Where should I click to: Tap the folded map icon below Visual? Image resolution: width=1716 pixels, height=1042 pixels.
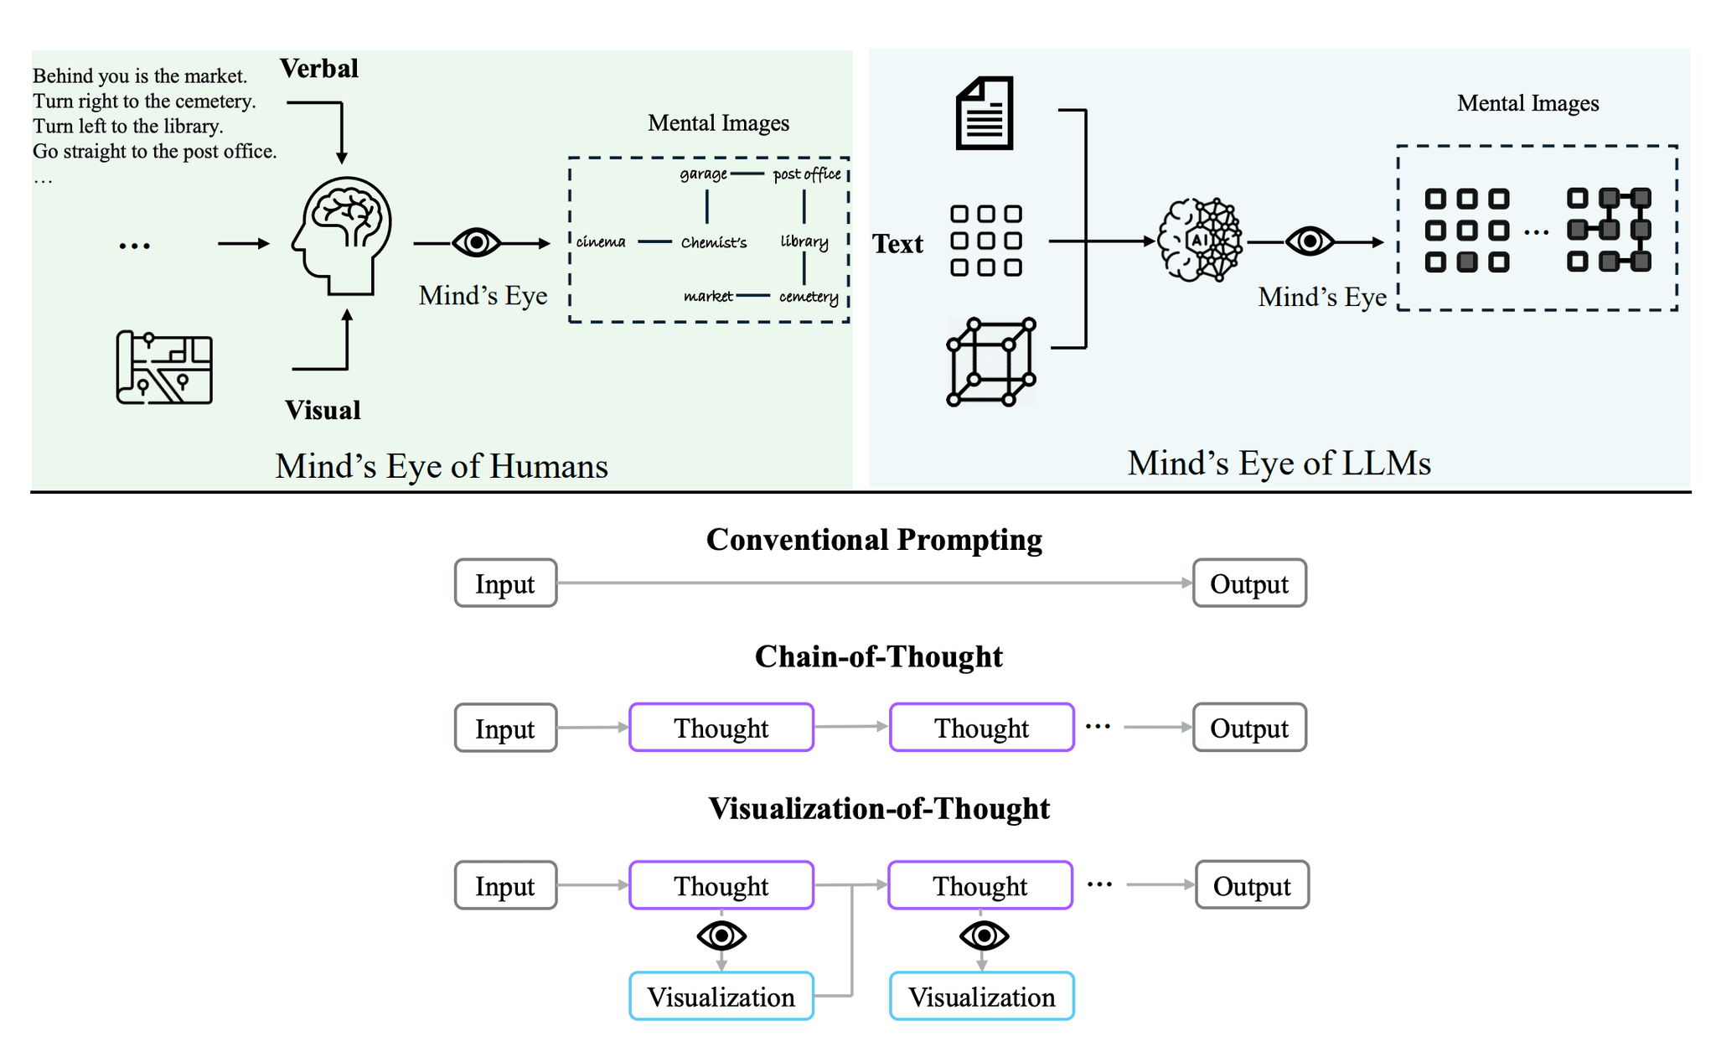coord(164,367)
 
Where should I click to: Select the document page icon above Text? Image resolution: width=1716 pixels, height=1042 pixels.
coord(985,113)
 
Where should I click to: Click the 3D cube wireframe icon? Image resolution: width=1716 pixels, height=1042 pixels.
coord(991,362)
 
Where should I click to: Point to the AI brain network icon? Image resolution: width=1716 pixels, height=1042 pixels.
coord(1199,241)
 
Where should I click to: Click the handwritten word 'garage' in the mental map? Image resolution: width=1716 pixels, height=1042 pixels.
coord(703,174)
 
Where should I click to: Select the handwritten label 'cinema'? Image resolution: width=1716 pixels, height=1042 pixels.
coord(601,242)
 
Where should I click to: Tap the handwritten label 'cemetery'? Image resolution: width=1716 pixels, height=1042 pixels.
coord(808,297)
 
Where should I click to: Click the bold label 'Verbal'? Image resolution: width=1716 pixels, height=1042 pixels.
coord(318,68)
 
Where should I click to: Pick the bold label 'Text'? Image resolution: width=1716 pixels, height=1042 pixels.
coord(897,244)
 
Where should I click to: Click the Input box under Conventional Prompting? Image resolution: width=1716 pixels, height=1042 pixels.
coord(505,583)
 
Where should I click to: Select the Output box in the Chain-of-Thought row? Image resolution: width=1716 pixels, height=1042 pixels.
coord(1248,728)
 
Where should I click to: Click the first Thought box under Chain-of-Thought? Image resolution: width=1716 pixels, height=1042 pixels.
coord(721,728)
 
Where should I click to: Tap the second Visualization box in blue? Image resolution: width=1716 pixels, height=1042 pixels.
coord(981,997)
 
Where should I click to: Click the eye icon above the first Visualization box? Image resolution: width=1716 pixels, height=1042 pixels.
coord(721,936)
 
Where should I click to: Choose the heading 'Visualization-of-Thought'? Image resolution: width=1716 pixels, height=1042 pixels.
coord(878,808)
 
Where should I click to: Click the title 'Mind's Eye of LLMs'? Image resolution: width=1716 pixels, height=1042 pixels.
coord(1279,463)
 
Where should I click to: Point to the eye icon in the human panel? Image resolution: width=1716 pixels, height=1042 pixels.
coord(476,243)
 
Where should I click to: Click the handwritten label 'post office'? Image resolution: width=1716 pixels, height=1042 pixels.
coord(806,174)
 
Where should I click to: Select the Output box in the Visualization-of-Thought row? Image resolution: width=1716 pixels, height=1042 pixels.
coord(1251,885)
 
